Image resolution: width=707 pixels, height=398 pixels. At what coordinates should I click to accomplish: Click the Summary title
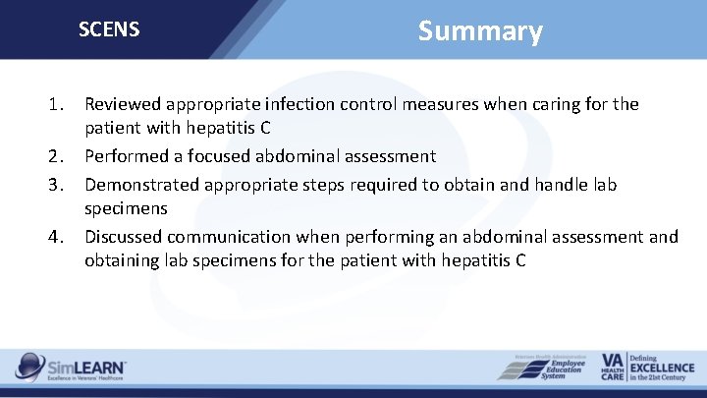(479, 31)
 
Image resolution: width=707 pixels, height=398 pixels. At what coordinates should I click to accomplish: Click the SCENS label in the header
(109, 29)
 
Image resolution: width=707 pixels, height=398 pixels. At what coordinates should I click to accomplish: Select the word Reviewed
(124, 103)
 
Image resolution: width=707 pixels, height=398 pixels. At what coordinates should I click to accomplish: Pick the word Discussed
(124, 236)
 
